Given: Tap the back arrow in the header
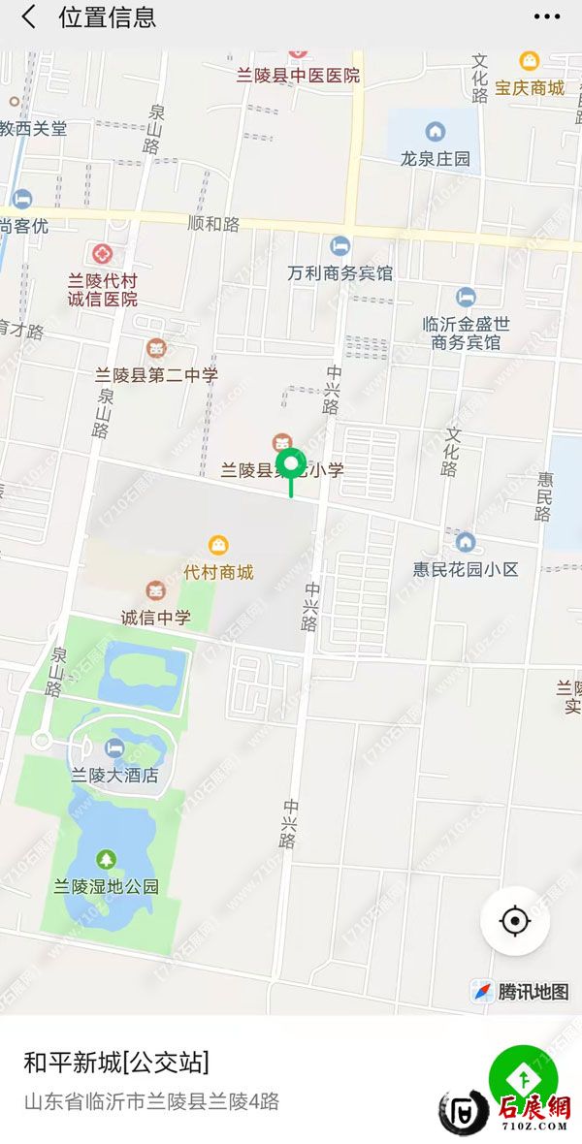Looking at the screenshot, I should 29,17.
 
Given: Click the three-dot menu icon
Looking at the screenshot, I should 547,17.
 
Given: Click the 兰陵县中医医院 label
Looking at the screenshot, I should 298,75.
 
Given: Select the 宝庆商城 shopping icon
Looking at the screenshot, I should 530,62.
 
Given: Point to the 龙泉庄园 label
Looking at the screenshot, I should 436,158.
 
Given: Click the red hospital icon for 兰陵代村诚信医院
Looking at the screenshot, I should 102,255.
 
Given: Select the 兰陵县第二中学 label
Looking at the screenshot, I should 156,374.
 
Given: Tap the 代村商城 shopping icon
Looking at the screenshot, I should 219,546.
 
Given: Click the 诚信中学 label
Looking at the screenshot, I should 155,617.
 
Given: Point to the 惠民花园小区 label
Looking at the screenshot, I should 466,568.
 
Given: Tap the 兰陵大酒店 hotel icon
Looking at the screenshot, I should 114,747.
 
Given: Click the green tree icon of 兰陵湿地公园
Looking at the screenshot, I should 106,859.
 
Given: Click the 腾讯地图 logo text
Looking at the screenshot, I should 533,992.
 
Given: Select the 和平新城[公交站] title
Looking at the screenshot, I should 116,1062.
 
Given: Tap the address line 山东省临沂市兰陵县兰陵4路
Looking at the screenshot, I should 151,1101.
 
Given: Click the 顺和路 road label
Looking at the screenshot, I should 213,224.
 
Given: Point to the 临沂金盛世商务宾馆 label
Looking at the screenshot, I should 467,333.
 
